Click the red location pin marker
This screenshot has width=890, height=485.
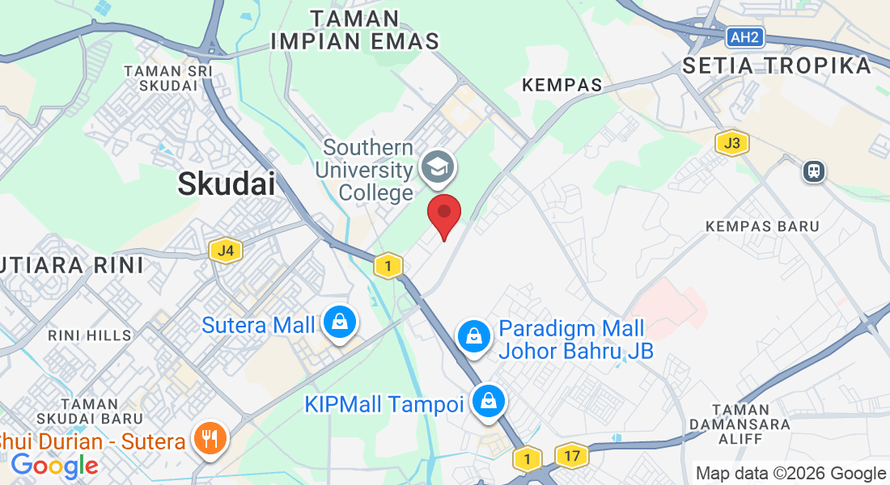click(444, 213)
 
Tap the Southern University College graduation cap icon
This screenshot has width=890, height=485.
click(438, 168)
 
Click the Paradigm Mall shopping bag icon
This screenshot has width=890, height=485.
click(474, 337)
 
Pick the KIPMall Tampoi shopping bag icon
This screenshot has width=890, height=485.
click(489, 401)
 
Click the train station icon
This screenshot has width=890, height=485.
click(813, 171)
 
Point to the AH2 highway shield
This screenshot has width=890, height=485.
click(743, 37)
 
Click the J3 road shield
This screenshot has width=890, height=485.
click(731, 144)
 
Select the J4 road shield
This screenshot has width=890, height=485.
click(225, 251)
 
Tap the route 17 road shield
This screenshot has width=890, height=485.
click(572, 456)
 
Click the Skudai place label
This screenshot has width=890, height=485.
click(226, 184)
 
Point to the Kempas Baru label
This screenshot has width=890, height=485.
click(762, 226)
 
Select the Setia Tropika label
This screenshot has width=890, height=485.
click(776, 66)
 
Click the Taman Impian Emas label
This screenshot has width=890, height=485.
click(355, 30)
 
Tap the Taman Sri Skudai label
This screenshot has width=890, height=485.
click(168, 78)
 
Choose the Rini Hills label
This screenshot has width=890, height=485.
click(89, 335)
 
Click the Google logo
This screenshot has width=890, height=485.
click(54, 466)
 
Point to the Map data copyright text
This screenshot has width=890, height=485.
click(790, 474)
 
